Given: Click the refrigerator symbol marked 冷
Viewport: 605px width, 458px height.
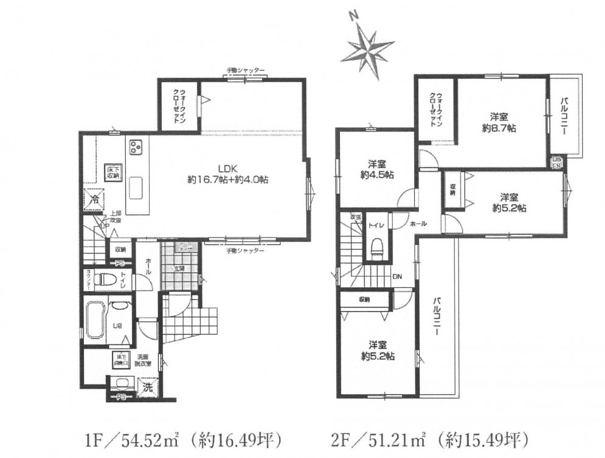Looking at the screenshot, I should point(95,198).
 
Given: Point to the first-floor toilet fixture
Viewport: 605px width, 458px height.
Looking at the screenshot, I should point(108,280).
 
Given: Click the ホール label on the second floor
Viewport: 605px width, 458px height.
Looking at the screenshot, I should point(418,224).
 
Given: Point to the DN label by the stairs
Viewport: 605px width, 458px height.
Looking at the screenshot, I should point(396,276).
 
